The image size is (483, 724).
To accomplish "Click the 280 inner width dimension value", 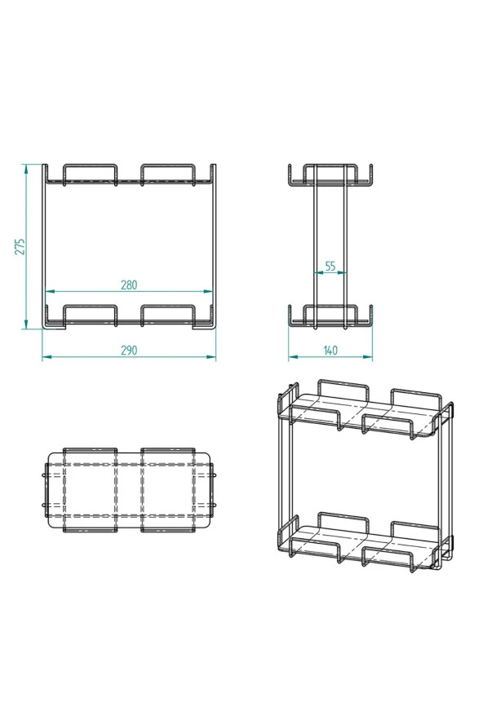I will pyautogui.click(x=128, y=285).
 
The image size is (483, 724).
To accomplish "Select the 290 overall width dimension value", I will pyautogui.click(x=128, y=350).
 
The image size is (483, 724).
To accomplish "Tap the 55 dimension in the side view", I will pyautogui.click(x=330, y=266).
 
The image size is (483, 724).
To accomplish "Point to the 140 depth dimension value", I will pyautogui.click(x=330, y=350).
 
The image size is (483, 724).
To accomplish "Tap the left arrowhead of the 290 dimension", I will pyautogui.click(x=44, y=356).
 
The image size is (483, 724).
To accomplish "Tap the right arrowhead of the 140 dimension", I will pyautogui.click(x=371, y=356).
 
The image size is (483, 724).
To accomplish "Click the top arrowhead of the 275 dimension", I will pyautogui.click(x=26, y=167).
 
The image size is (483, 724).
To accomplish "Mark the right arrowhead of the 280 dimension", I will pyautogui.click(x=211, y=291).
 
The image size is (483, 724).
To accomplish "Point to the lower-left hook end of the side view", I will pyautogui.click(x=290, y=313).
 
